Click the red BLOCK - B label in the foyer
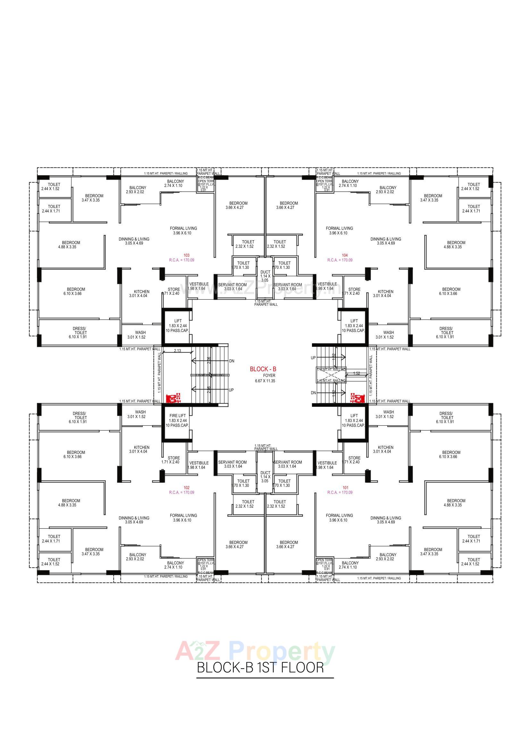[263, 369]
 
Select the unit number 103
[187, 255]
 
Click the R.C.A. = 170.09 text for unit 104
[340, 260]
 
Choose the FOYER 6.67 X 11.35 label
[265, 378]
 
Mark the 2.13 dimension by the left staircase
[177, 351]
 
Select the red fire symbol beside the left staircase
[173, 398]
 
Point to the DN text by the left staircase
[232, 361]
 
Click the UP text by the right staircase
[313, 358]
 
